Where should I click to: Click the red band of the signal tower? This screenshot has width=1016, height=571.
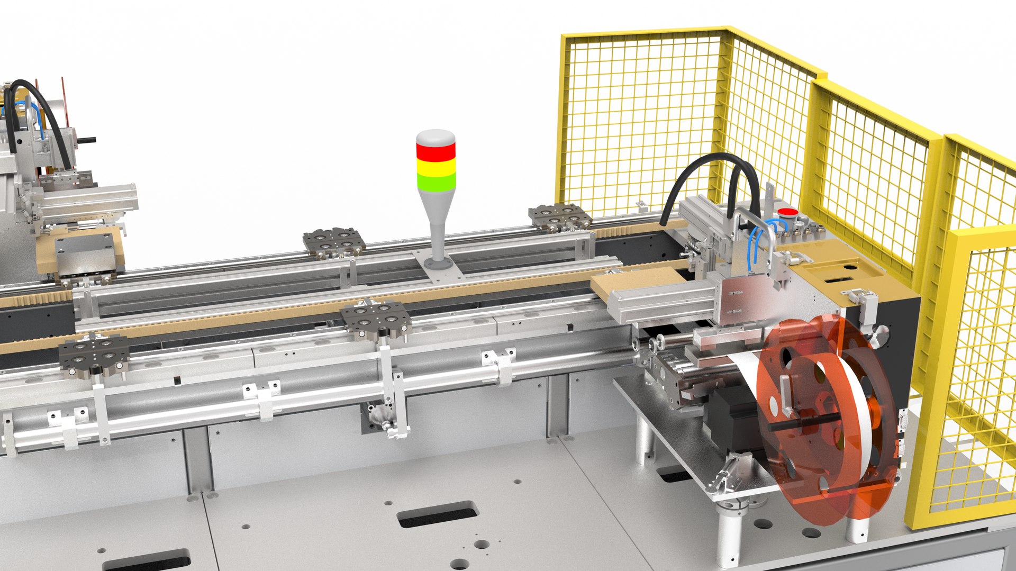tap(436, 151)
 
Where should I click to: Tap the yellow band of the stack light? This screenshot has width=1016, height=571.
tap(436, 168)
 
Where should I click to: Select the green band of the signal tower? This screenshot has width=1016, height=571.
tap(436, 183)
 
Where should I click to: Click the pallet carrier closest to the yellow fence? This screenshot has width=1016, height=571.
tap(560, 216)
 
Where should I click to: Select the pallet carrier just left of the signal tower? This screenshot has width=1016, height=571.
tap(334, 242)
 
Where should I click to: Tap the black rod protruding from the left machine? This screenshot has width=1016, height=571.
tap(87, 140)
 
